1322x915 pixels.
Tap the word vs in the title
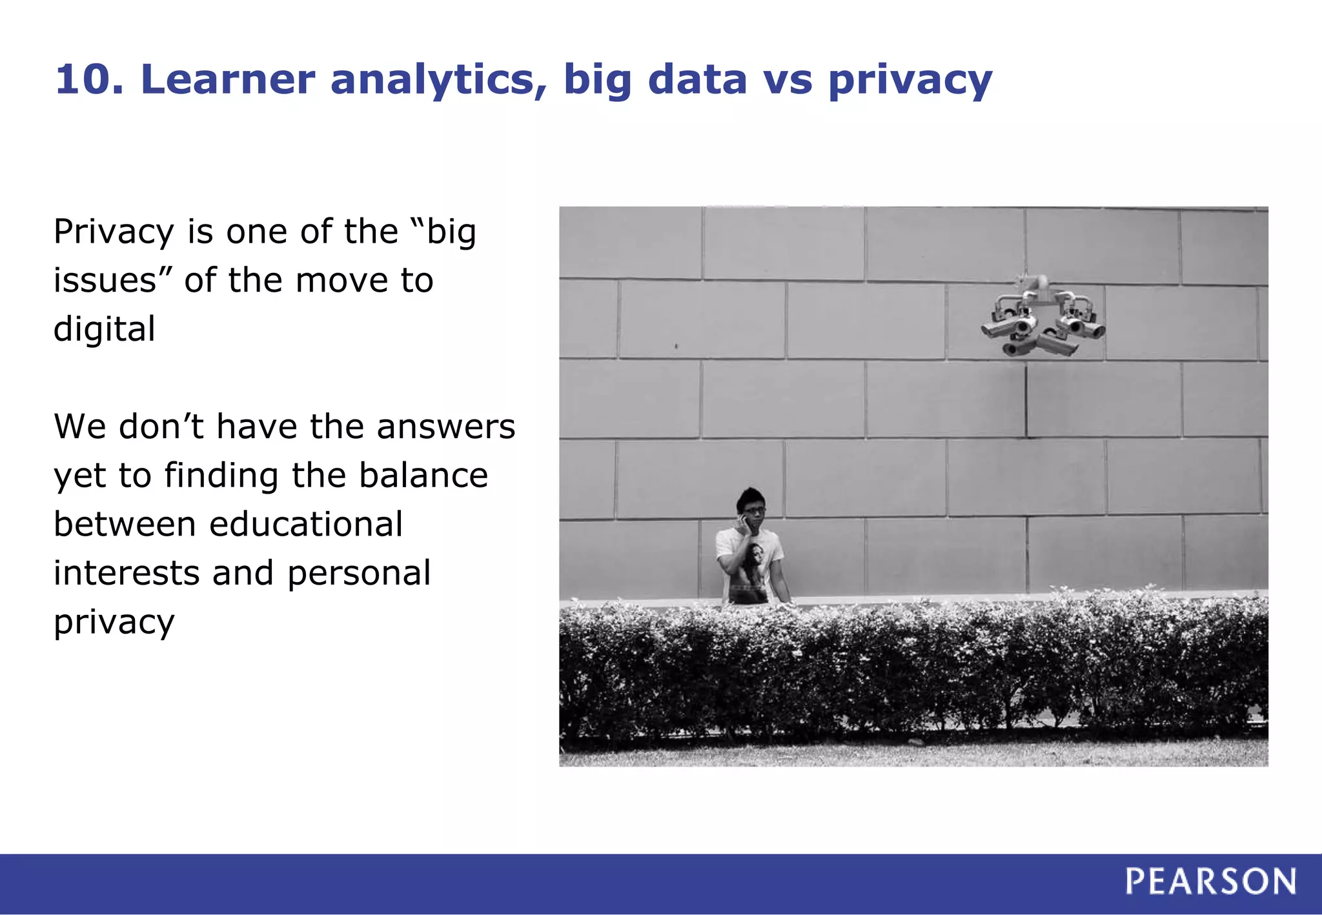click(x=788, y=79)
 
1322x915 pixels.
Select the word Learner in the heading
click(x=227, y=79)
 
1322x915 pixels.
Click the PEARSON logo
click(x=1210, y=882)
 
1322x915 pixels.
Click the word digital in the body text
click(x=104, y=329)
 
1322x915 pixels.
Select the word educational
click(x=306, y=524)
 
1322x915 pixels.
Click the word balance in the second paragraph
click(x=423, y=476)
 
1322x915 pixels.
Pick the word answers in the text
click(x=445, y=427)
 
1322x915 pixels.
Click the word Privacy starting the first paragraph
click(x=114, y=232)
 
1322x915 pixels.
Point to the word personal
click(x=358, y=573)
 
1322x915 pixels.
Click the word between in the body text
click(x=124, y=524)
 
